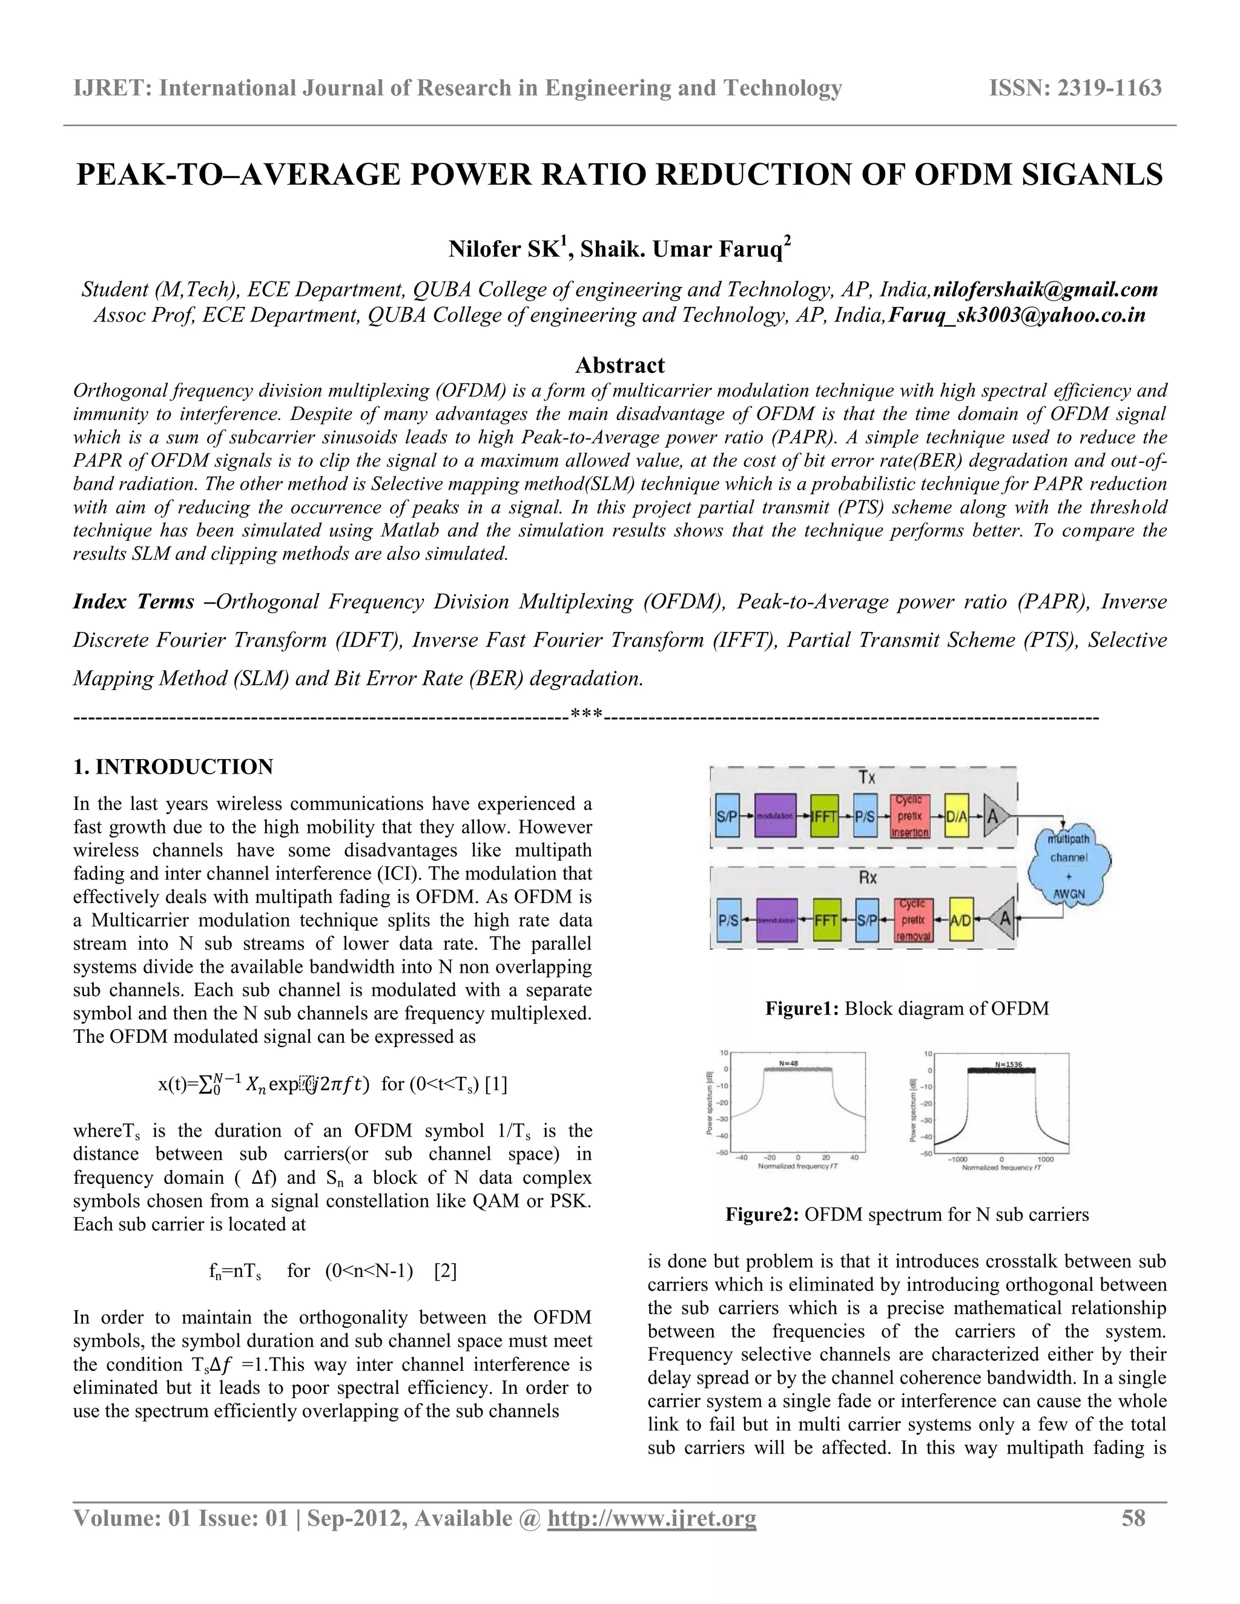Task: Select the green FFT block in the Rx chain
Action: (827, 919)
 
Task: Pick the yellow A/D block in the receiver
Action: (961, 919)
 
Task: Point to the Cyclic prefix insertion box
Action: (909, 815)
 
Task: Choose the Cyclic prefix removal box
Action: (913, 919)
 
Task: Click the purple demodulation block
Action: (776, 919)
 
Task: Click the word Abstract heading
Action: (619, 365)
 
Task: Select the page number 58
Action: (1133, 1518)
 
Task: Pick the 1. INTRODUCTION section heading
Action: (173, 767)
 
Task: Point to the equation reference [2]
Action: (446, 1270)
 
